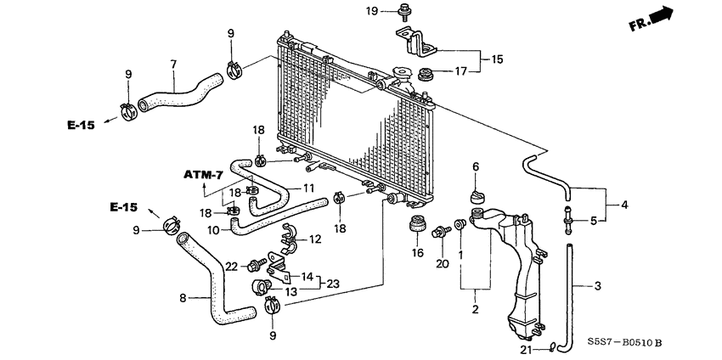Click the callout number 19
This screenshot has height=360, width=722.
point(371,10)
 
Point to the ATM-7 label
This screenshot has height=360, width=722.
point(203,175)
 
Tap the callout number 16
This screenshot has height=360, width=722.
point(416,252)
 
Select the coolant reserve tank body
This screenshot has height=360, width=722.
point(515,272)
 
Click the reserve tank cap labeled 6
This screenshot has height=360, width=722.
point(476,198)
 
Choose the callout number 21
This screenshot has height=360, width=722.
point(526,348)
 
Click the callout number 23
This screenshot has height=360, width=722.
point(332,284)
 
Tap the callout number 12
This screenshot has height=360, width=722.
point(314,239)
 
